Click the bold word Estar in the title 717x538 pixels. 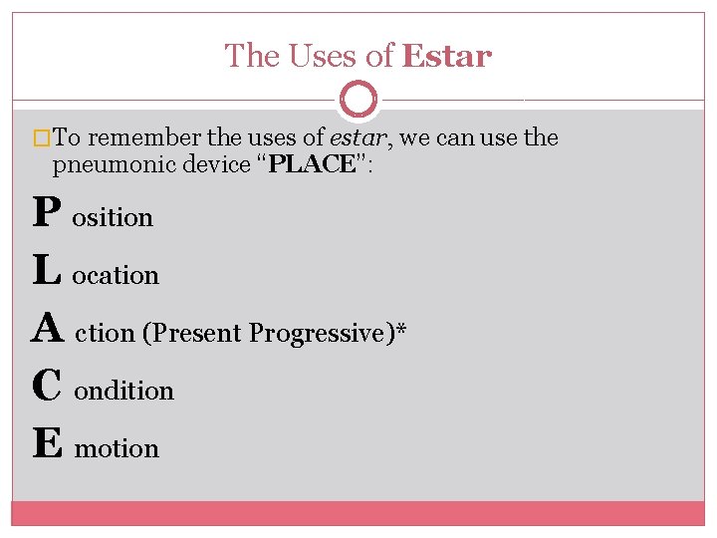pos(446,57)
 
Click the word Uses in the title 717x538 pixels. pos(326,57)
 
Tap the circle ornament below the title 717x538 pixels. pos(358,100)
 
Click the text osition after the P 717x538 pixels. pos(113,218)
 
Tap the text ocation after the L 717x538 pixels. pos(116,276)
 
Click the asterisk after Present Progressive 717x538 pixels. pos(399,330)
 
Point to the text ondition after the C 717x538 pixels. pos(124,392)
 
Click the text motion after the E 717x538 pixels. pos(118,449)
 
